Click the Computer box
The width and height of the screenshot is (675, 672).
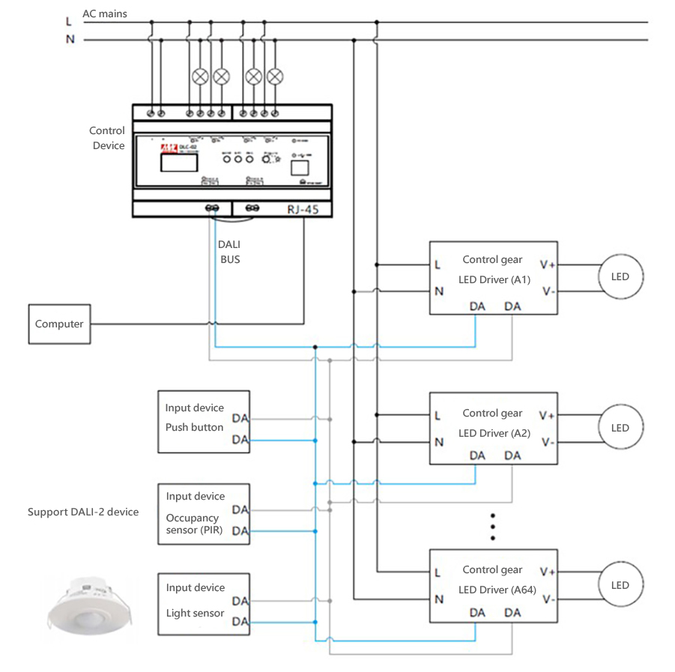click(59, 324)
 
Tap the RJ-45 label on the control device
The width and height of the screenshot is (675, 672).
click(303, 210)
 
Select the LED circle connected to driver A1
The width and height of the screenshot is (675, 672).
click(620, 277)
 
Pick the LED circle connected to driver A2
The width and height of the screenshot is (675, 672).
click(620, 428)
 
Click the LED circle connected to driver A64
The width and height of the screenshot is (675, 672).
click(620, 585)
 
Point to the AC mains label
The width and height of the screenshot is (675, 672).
click(105, 13)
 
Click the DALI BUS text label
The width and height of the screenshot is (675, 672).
click(229, 252)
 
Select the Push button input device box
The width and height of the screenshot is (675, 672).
click(203, 421)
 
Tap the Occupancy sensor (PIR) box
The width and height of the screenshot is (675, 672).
click(203, 514)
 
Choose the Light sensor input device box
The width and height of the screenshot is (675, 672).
click(203, 604)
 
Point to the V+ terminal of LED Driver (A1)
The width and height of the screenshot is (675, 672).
click(548, 264)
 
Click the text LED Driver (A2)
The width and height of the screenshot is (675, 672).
click(494, 433)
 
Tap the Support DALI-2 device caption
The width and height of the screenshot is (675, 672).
click(83, 512)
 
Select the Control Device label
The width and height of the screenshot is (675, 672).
click(108, 138)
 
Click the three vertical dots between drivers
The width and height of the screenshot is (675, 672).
click(493, 527)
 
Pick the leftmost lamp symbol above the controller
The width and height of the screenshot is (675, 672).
click(200, 76)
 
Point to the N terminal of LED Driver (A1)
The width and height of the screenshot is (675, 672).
click(438, 291)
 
